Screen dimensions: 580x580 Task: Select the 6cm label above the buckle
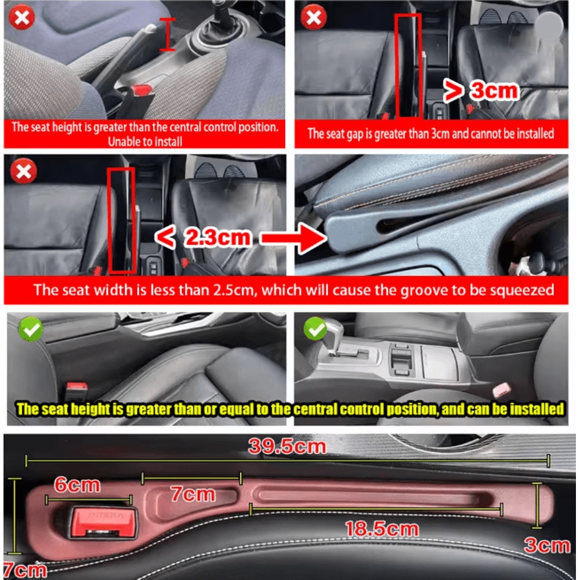[x=78, y=485]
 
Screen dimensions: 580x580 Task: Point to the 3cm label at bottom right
[x=547, y=545]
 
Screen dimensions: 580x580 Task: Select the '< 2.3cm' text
[x=205, y=237]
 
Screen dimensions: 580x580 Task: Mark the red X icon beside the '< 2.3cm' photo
[x=23, y=172]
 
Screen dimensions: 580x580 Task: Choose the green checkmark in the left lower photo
[x=30, y=329]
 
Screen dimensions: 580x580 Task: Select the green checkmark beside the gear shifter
[x=316, y=329]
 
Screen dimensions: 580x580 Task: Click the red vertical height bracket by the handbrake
[x=168, y=34]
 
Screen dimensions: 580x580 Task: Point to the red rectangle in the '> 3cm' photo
[x=408, y=65]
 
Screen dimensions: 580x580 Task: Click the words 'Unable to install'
[x=145, y=141]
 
